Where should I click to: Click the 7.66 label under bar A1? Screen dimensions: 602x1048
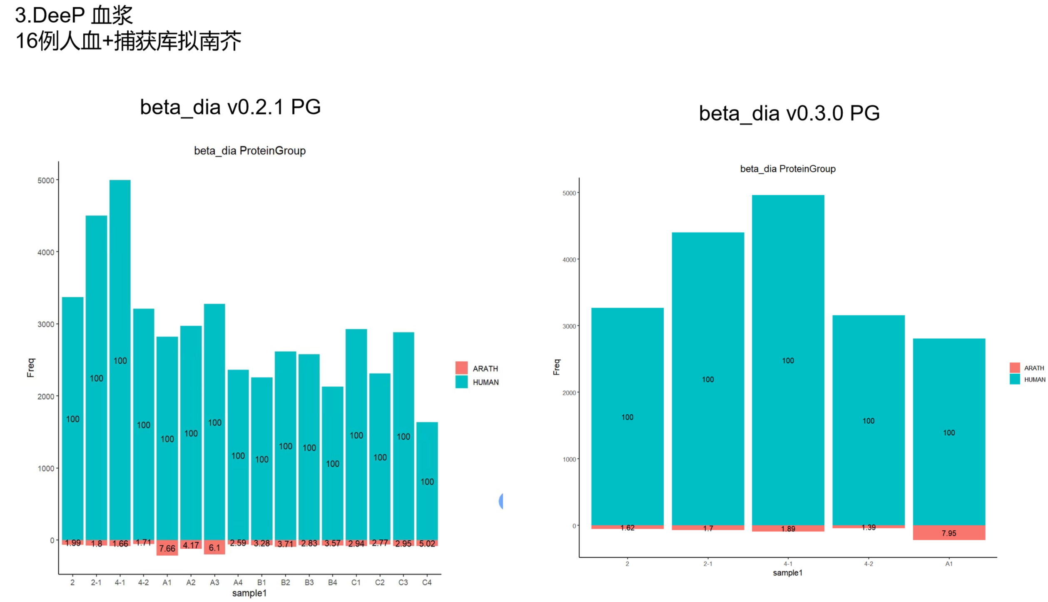point(167,548)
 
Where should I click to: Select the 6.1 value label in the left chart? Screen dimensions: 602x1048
point(214,547)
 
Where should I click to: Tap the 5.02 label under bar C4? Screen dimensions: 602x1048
point(427,543)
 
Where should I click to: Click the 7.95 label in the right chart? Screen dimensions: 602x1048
point(948,533)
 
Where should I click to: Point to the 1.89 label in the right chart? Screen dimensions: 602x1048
point(788,529)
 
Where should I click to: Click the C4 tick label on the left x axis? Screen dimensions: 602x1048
point(427,582)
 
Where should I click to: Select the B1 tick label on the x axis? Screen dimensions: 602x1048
point(261,582)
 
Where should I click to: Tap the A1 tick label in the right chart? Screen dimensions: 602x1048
point(948,564)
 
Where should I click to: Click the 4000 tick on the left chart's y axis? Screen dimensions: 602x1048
point(46,252)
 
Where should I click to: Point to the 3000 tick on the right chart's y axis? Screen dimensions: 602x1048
point(569,326)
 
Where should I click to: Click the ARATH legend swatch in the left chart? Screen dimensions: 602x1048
point(461,367)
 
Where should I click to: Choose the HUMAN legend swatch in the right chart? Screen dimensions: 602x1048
point(1014,379)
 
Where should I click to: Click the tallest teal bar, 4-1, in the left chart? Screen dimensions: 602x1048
point(120,292)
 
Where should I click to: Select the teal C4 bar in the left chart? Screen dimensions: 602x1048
point(427,458)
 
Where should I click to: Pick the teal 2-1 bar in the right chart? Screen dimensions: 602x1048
point(707,333)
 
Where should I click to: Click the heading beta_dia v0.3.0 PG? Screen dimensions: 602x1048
point(789,113)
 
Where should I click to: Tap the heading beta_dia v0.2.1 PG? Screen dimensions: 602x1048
point(230,107)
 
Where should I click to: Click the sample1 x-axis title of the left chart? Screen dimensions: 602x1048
point(249,593)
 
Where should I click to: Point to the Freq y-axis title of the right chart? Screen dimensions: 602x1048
point(556,367)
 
